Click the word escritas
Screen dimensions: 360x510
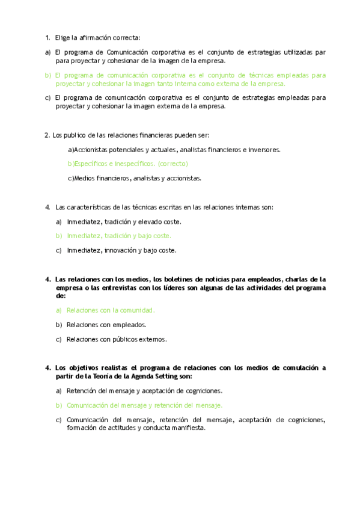point(166,207)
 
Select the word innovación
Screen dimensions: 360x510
point(118,250)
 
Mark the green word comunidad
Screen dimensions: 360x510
point(136,310)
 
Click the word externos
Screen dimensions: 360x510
point(152,339)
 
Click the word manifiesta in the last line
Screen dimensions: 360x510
point(185,428)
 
